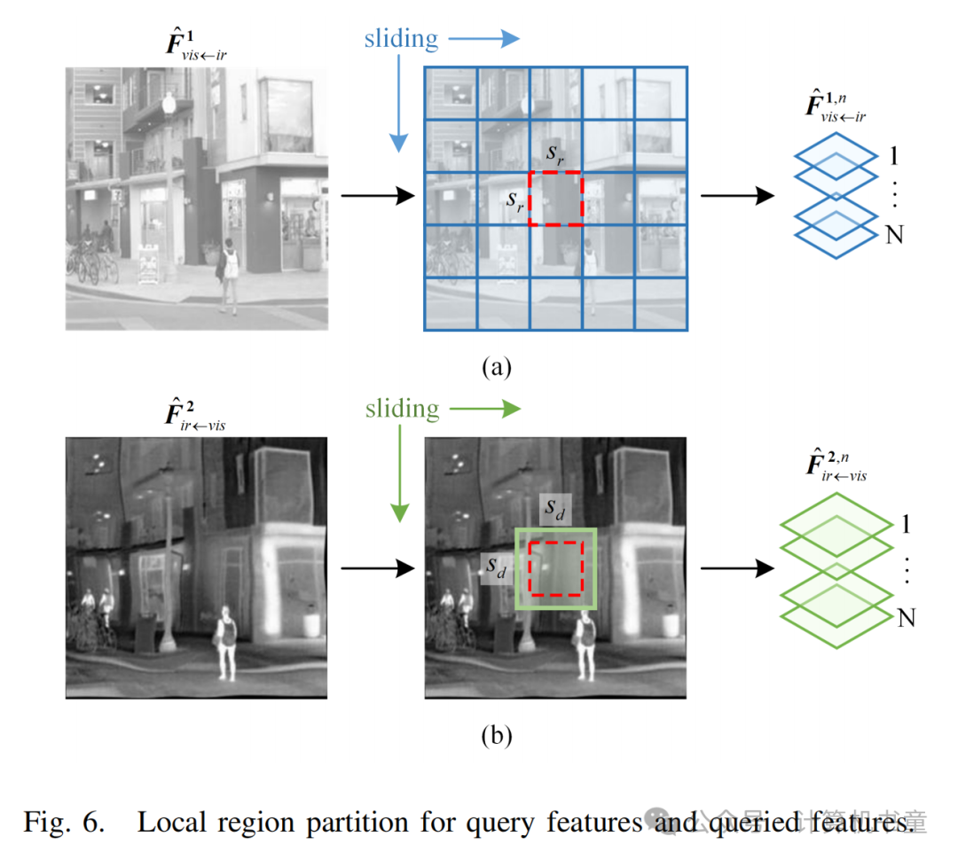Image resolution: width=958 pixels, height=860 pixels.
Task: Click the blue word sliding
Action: [401, 39]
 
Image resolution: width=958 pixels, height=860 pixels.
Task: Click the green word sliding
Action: [402, 409]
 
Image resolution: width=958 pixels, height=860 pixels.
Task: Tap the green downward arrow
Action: [399, 474]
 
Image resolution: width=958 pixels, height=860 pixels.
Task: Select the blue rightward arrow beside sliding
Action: [484, 38]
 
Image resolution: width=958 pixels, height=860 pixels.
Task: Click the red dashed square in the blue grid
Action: [556, 199]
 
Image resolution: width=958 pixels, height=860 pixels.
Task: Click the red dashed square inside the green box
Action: [556, 568]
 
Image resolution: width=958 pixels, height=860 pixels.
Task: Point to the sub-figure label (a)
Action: [496, 365]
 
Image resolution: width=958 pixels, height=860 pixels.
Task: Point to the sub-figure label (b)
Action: [496, 735]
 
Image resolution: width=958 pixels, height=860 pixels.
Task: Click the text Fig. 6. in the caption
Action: [64, 821]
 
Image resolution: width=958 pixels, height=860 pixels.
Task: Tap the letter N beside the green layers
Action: [906, 618]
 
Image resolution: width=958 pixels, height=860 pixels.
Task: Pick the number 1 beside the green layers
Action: [906, 522]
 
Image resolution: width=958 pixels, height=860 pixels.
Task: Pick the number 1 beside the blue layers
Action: [895, 156]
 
